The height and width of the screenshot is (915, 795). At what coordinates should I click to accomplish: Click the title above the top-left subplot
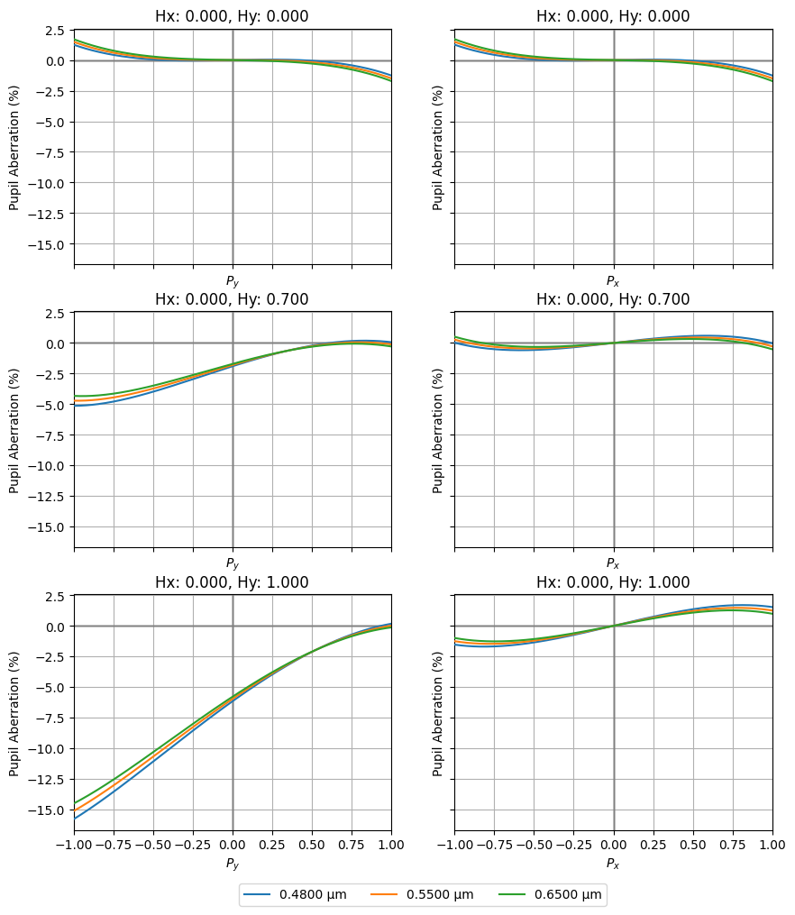coord(233,16)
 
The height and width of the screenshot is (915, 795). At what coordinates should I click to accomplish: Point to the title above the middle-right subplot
coord(613,299)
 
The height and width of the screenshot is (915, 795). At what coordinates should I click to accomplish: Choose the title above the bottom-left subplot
coord(233,582)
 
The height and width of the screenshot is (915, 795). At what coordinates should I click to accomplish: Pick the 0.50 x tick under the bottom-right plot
coord(693,845)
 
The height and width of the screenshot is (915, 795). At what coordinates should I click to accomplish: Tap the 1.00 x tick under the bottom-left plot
coord(391,845)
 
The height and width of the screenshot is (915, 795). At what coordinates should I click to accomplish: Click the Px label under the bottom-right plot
coord(613,864)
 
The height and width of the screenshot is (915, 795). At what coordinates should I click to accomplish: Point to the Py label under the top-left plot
coord(233,281)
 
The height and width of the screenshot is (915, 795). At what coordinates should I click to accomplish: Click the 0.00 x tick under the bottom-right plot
coord(613,845)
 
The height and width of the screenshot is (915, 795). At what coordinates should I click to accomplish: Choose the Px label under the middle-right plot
coord(613,563)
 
